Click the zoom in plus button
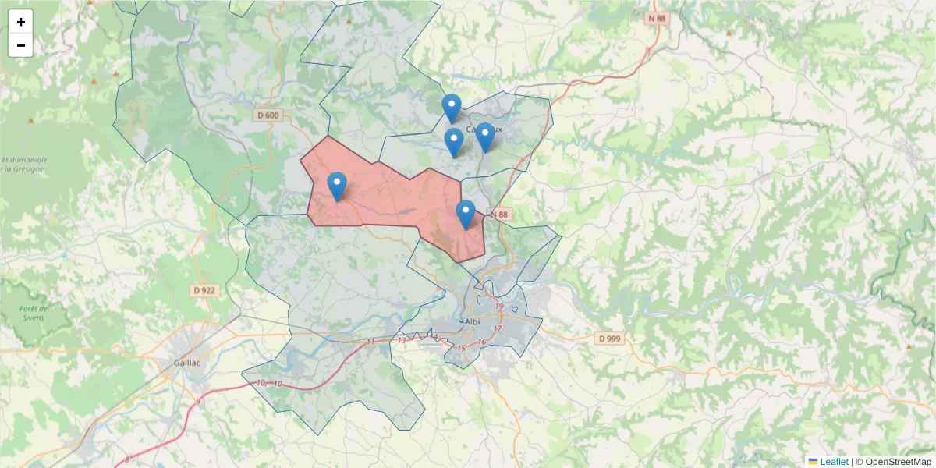tap(21, 22)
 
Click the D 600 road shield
tap(268, 115)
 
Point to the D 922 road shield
tap(204, 290)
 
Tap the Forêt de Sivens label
tap(34, 314)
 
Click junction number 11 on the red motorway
tap(370, 342)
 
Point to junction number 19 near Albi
tap(499, 307)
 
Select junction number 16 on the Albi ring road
tap(482, 342)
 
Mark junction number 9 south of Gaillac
tap(199, 401)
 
